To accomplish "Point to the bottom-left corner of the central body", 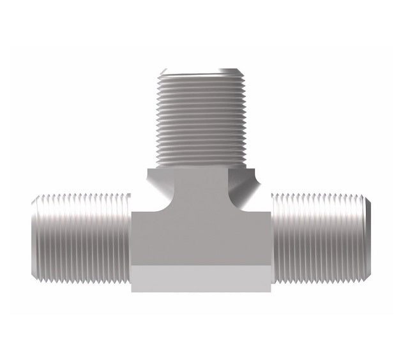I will (132, 291).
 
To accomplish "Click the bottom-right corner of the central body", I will (270, 291).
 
